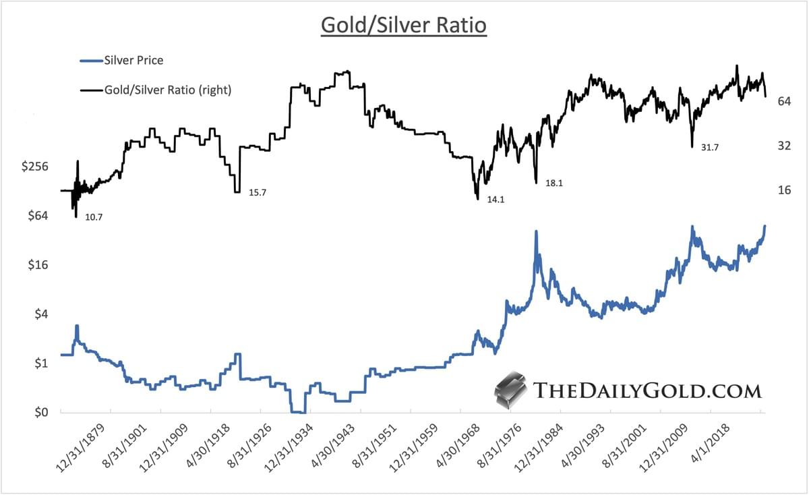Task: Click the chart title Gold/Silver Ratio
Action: (x=403, y=26)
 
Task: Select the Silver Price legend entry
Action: (x=133, y=60)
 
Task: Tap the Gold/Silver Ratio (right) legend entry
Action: (x=167, y=88)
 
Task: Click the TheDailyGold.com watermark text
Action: (x=647, y=390)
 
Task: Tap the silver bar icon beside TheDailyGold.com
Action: (x=511, y=390)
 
